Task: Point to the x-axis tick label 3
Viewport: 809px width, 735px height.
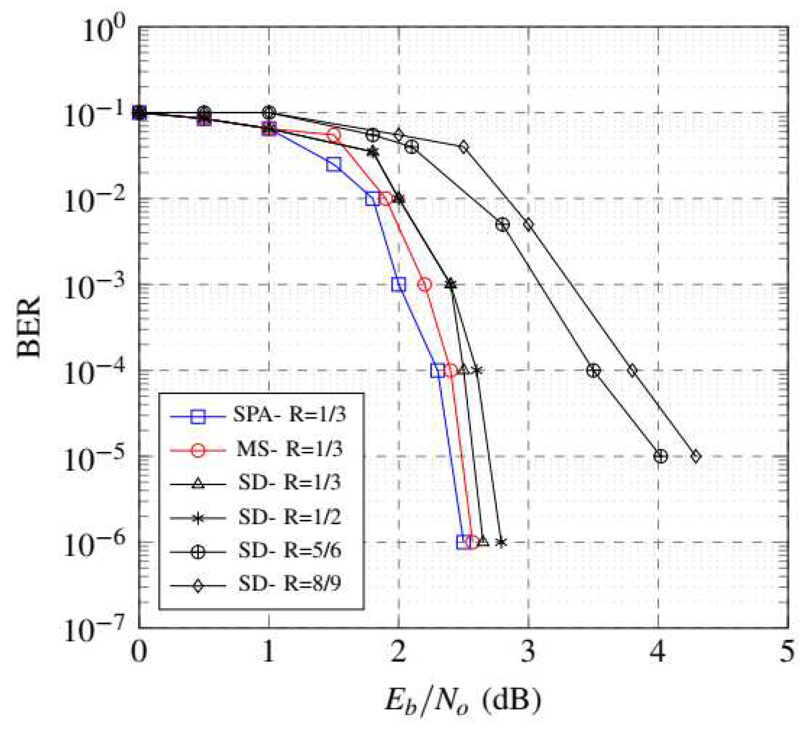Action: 528,652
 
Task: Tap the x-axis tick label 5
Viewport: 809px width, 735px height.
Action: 787,652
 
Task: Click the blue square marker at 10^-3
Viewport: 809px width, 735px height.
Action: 399,285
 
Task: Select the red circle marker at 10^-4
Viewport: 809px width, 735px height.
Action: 451,371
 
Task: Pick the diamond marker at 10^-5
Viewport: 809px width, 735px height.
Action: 696,457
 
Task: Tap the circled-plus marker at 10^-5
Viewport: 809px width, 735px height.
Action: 661,457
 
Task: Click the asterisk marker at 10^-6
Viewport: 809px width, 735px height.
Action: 501,542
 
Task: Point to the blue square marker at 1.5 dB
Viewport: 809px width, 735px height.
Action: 334,164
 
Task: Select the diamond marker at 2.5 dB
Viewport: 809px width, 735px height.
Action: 463,147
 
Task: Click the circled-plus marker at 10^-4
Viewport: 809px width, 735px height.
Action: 594,371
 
